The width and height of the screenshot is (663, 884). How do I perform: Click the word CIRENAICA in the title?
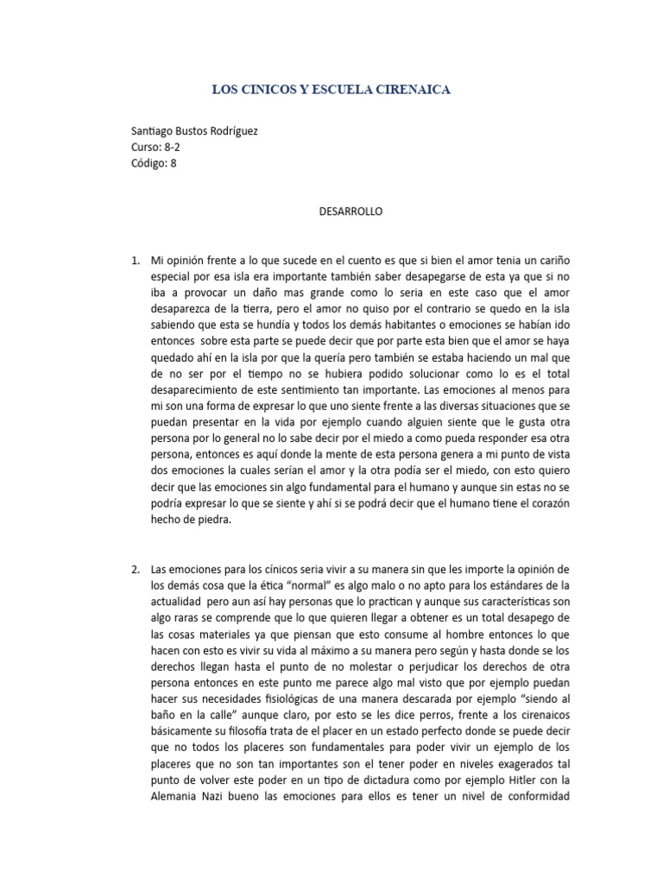[407, 89]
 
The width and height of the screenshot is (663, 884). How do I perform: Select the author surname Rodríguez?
[226, 131]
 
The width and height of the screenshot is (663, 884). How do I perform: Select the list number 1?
[134, 259]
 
